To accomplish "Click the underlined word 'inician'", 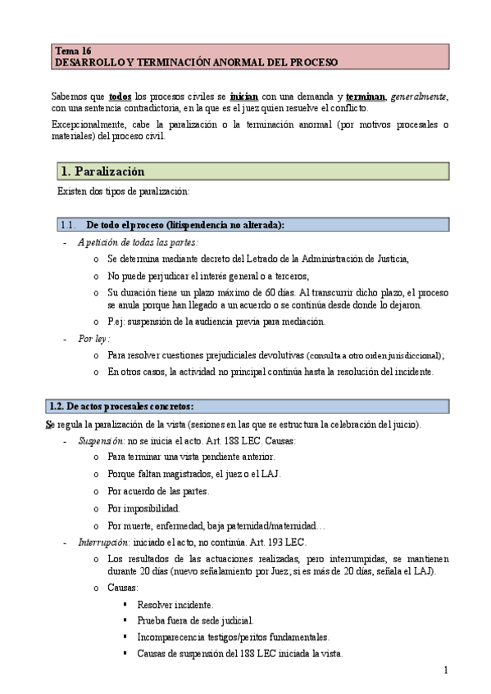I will click(245, 96).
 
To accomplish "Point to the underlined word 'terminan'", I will click(366, 96).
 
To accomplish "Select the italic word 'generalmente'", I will click(420, 96).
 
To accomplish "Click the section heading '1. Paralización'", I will click(102, 171).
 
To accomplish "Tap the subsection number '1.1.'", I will click(68, 225).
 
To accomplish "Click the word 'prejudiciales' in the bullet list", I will click(227, 355).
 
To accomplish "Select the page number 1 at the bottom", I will click(446, 671).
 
